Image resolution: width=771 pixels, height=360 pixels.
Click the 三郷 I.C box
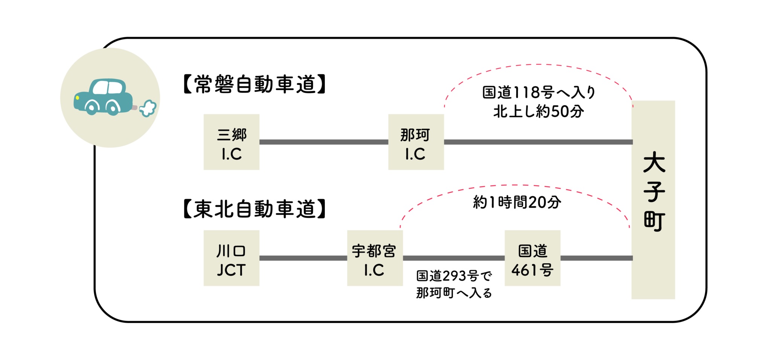point(231,142)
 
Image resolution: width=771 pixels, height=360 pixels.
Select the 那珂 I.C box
point(416,142)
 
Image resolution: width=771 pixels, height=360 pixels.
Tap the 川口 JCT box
point(231,258)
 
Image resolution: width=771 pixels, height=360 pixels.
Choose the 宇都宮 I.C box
point(375,258)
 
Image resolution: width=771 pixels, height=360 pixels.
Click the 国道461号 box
point(532,258)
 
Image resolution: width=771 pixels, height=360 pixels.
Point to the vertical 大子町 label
point(654,192)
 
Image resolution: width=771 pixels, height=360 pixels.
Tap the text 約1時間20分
point(517,203)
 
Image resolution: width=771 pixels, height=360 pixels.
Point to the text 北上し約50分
point(538,111)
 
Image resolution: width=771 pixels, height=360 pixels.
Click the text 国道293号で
point(454,276)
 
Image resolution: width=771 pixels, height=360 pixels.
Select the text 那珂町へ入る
point(454,293)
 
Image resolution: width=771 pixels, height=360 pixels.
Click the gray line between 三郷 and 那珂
point(324,142)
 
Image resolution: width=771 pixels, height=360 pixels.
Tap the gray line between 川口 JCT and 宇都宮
point(303,258)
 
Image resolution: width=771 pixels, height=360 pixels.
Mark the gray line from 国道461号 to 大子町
point(596,258)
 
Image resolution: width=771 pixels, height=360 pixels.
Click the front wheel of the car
point(91,107)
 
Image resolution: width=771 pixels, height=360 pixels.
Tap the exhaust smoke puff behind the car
point(148,108)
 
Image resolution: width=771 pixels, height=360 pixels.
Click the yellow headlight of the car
point(78,98)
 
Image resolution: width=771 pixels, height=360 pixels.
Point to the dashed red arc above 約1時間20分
point(516,185)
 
